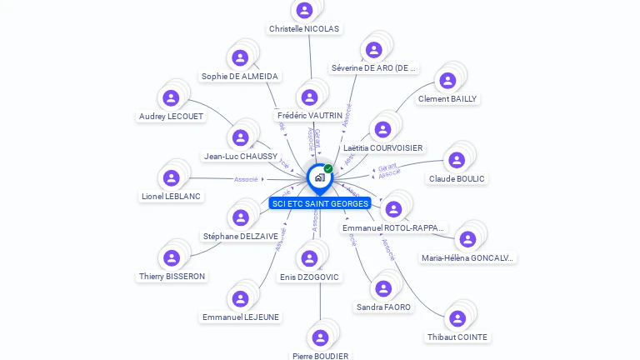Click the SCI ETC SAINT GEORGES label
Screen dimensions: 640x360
pos(320,203)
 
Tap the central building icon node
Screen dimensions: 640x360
pos(319,177)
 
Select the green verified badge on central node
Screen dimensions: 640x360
pos(328,169)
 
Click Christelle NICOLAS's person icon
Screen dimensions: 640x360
pos(304,10)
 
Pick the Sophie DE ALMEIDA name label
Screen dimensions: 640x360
pos(239,77)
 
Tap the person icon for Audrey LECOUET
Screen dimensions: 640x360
pos(171,98)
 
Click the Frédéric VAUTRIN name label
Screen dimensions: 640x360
pos(309,116)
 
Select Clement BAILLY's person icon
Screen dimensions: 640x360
pos(447,81)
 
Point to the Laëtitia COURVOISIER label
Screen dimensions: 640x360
pos(383,148)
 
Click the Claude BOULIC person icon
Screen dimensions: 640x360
pos(457,160)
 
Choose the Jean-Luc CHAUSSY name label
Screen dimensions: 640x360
pos(241,156)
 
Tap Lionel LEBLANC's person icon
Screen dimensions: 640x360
pos(171,177)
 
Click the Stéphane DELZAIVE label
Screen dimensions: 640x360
pos(241,237)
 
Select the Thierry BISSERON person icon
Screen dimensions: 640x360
pos(171,257)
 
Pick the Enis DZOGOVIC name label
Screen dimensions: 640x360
pos(309,277)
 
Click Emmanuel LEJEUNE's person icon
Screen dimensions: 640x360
pos(241,298)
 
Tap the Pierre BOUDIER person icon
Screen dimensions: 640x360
pos(320,337)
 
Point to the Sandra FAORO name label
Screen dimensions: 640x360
pos(383,307)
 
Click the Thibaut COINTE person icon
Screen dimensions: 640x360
pos(457,318)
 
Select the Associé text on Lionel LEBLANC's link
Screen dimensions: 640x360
pos(246,179)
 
